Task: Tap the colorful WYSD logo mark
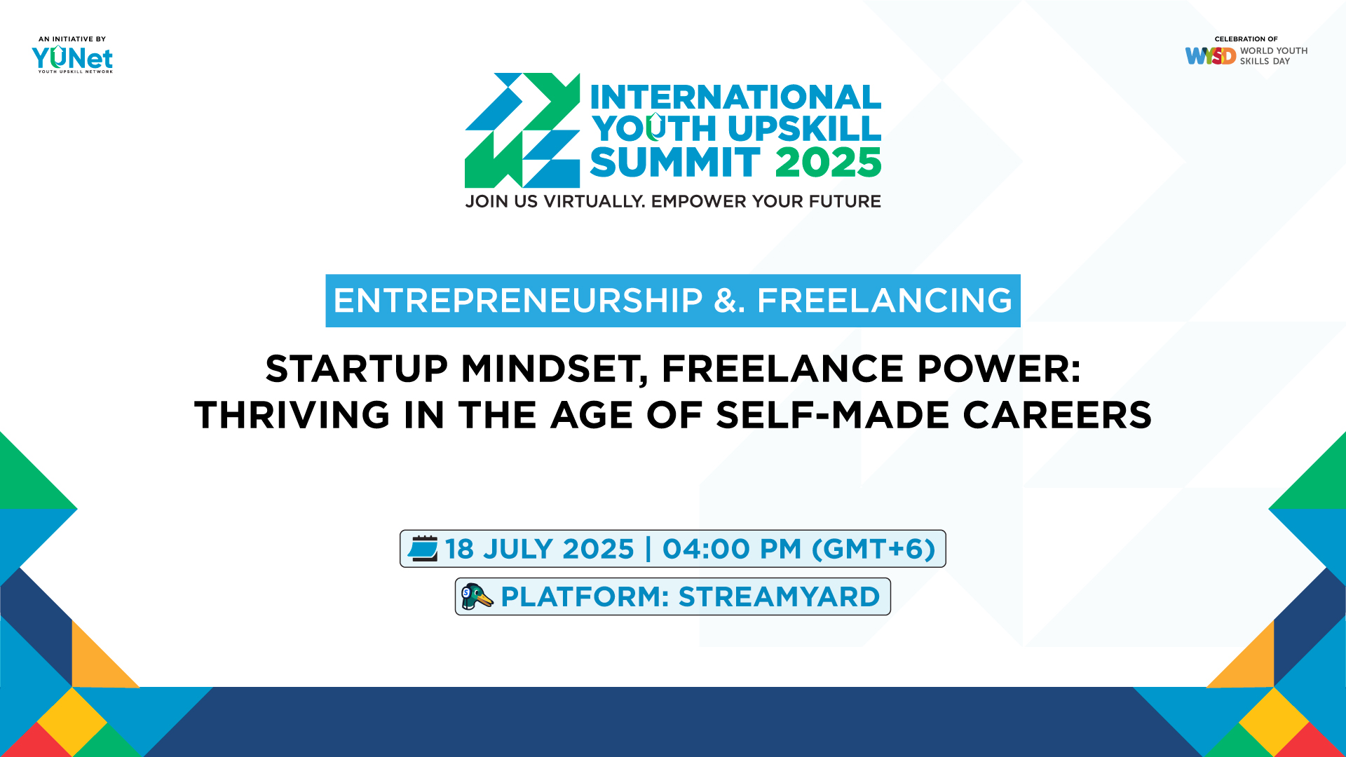(x=1210, y=56)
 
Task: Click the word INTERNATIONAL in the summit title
(x=735, y=97)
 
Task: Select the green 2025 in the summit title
(x=828, y=163)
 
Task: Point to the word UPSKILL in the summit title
(x=804, y=129)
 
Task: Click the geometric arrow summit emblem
(x=522, y=130)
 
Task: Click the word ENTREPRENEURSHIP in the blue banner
(x=517, y=301)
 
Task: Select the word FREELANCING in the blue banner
(x=884, y=301)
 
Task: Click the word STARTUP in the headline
(x=356, y=369)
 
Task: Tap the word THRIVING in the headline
(x=292, y=415)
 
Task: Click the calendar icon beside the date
(x=423, y=549)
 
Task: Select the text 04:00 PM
(x=731, y=549)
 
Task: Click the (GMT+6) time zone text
(x=873, y=549)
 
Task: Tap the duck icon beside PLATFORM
(x=477, y=596)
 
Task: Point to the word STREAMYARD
(x=779, y=597)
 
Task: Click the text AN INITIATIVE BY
(x=72, y=39)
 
